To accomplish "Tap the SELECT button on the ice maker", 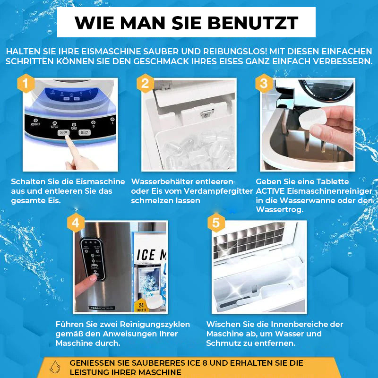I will click(x=84, y=133).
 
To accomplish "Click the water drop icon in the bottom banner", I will click(x=55, y=367).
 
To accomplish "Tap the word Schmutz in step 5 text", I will click(x=227, y=343).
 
